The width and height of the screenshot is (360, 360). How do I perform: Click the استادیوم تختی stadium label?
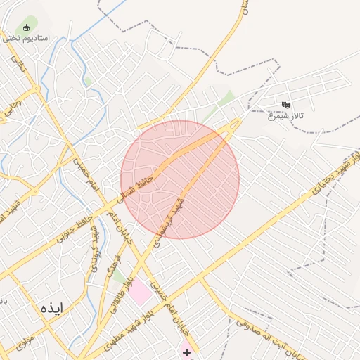point(26,38)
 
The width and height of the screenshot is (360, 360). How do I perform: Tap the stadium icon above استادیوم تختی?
point(27,28)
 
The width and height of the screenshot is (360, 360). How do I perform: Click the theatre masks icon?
point(285,105)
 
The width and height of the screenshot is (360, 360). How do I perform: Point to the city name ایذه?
point(51,308)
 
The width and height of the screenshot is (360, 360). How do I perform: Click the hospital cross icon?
point(187,352)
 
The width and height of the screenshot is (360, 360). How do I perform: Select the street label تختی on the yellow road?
point(18,67)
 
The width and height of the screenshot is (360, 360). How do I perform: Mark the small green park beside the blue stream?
point(88,82)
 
